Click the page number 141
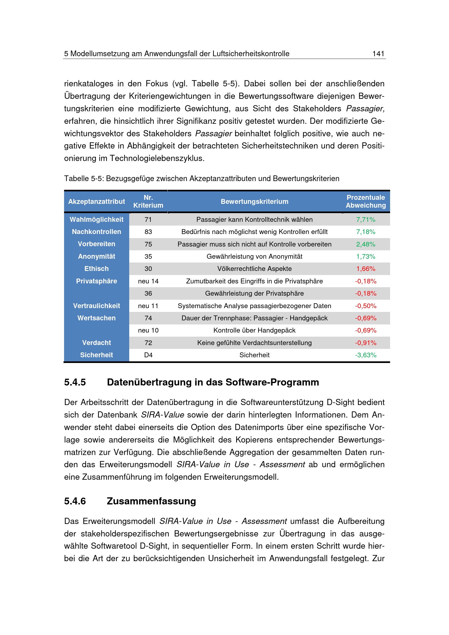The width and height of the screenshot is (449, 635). click(x=378, y=54)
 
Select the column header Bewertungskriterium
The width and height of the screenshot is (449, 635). click(x=254, y=202)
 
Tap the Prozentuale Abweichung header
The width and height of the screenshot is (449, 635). click(x=365, y=201)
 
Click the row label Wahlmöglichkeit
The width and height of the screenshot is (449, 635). click(x=96, y=220)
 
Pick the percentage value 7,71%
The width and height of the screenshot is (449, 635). click(x=365, y=220)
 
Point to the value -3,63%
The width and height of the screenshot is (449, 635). click(x=365, y=355)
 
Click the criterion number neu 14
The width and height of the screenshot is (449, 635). click(x=148, y=281)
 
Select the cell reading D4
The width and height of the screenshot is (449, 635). click(x=148, y=355)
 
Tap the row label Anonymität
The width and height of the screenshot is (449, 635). click(x=96, y=256)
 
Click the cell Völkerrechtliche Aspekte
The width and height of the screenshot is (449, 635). click(x=254, y=269)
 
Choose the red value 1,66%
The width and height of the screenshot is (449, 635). click(x=365, y=269)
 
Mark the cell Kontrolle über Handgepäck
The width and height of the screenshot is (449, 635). click(x=254, y=330)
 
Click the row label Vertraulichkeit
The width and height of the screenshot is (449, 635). click(x=96, y=306)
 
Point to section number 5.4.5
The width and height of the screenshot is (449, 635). click(x=75, y=382)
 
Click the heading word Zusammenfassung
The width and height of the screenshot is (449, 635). click(x=151, y=501)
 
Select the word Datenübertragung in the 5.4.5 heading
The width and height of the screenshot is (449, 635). click(x=149, y=382)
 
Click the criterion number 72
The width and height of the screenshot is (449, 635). click(x=148, y=343)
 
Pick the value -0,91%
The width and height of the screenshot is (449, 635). click(x=365, y=343)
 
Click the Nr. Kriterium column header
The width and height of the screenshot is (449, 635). click(x=148, y=202)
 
